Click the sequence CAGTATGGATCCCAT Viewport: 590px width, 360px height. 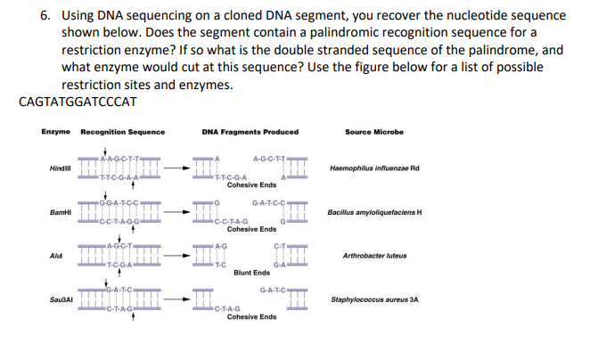(78, 101)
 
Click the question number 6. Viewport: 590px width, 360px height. (46, 16)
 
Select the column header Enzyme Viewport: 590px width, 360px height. (55, 132)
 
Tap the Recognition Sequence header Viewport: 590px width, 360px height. (122, 132)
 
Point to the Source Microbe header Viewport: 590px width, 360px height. (373, 132)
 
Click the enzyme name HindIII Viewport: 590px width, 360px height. (61, 168)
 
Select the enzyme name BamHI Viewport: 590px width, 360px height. (61, 212)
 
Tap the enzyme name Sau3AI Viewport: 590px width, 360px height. (62, 299)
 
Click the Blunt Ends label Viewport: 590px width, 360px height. (251, 272)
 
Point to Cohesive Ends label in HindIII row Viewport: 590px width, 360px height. (251, 184)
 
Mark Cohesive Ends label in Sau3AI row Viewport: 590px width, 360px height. (251, 317)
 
